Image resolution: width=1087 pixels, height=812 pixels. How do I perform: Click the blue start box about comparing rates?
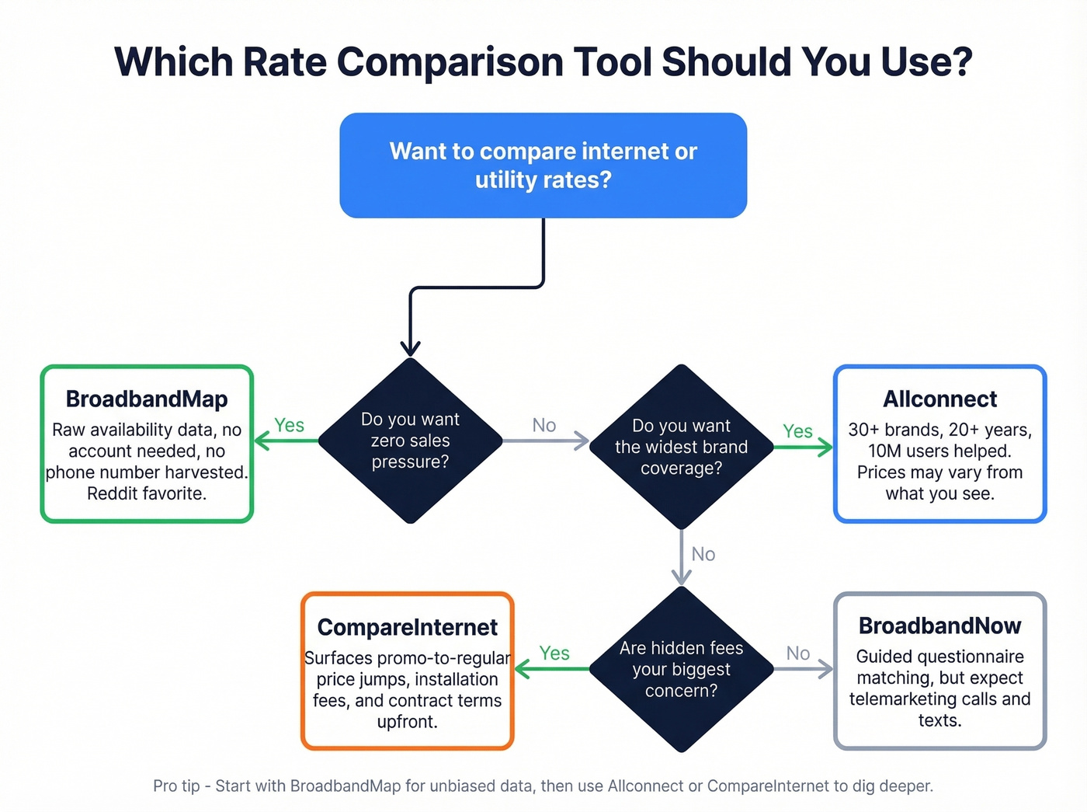coord(543,165)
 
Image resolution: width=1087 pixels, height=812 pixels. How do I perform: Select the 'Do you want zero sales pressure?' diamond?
coord(410,441)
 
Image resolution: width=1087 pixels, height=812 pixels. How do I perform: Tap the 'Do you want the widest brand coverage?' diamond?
coord(681,447)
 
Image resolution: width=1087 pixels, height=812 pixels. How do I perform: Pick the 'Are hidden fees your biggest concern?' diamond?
coord(681,669)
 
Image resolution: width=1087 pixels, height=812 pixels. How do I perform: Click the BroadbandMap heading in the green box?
coord(147,399)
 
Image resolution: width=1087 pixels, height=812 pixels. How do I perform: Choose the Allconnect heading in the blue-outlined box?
coord(939,399)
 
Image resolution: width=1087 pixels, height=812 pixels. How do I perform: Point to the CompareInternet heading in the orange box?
coord(407,627)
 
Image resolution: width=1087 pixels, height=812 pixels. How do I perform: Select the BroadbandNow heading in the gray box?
coord(939,626)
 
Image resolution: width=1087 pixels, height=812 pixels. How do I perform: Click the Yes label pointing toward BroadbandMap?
coord(289,425)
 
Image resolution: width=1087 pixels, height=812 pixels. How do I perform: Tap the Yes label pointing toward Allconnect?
coord(797,431)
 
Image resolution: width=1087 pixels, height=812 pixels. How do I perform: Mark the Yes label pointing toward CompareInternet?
coord(554,653)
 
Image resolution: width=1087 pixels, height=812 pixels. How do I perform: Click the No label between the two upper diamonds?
coord(543,425)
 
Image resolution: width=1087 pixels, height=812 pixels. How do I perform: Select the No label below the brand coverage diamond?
coord(703,554)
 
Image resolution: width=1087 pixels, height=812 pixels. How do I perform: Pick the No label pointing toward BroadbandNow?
coord(797,653)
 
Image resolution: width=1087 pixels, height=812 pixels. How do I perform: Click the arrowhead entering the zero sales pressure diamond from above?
coord(410,349)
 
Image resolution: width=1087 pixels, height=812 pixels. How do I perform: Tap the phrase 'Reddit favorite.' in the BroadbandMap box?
coord(147,493)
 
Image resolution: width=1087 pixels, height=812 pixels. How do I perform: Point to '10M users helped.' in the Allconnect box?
coord(939,451)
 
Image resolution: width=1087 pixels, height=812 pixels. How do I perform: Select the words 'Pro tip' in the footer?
coord(176,786)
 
